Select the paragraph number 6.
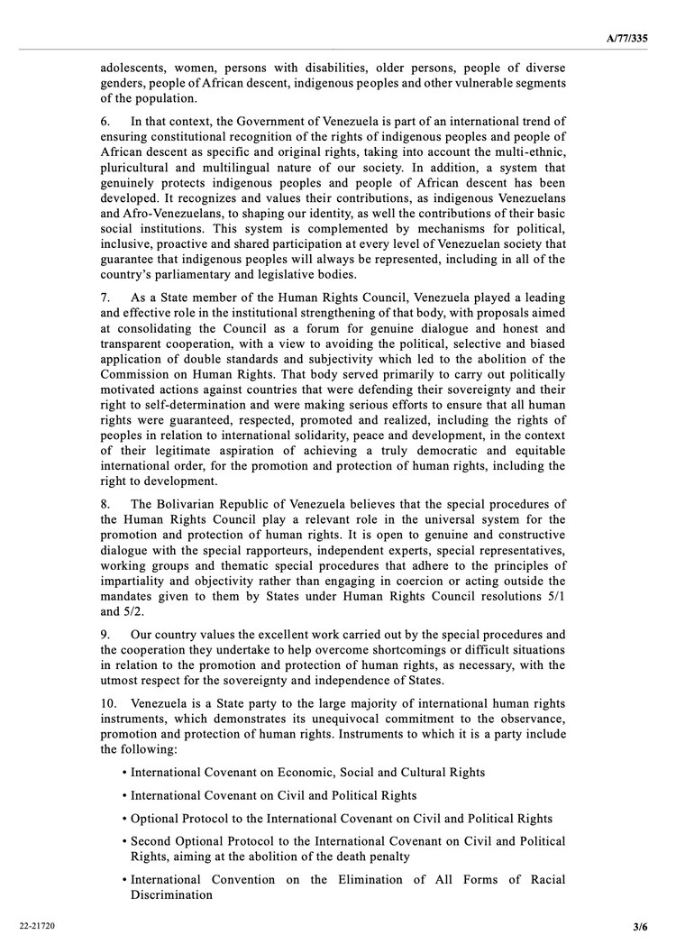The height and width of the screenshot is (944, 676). [105, 121]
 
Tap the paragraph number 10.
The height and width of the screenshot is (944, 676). [108, 701]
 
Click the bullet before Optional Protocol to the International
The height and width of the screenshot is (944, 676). [123, 820]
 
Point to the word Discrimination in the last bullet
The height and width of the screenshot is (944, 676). [171, 895]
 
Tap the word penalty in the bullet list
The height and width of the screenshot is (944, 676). [390, 856]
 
